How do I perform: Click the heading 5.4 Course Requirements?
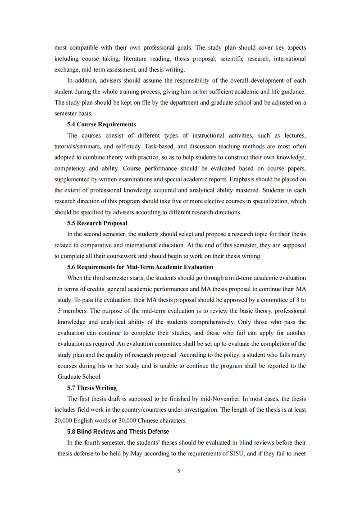coord(101,124)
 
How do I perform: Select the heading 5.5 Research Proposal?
coord(97,223)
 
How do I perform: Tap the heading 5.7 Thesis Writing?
coord(92,388)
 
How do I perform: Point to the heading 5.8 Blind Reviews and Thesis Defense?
coord(118,432)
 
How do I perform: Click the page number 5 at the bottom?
coord(179,471)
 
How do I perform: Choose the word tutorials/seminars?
coord(77,147)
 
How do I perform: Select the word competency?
coord(69,169)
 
